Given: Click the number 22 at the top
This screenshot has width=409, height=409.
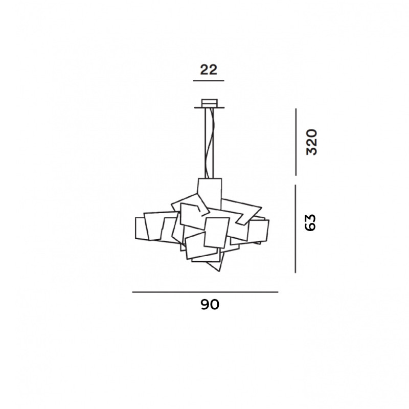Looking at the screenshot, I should tap(209, 70).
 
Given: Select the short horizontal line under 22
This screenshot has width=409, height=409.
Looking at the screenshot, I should tap(209, 81).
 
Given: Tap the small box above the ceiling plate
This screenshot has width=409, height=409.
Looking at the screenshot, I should tap(209, 102).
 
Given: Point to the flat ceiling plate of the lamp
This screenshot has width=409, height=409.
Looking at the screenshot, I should tap(209, 107).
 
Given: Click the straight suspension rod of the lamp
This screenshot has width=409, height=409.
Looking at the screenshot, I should tap(206, 143).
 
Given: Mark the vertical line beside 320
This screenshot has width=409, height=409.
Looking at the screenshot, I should tap(296, 142).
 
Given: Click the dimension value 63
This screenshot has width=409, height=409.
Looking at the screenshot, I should tap(311, 222).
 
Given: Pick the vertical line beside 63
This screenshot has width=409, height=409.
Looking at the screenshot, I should tap(296, 229).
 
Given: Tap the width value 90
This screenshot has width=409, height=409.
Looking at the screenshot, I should tap(209, 305).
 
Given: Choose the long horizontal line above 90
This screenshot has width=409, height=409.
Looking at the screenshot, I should tap(205, 292).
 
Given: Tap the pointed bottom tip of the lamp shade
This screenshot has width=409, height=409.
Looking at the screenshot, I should tap(219, 269).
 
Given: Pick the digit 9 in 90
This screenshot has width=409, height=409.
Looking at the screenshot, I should tap(204, 305).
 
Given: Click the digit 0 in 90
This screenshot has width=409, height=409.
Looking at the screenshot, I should tap(215, 305).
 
